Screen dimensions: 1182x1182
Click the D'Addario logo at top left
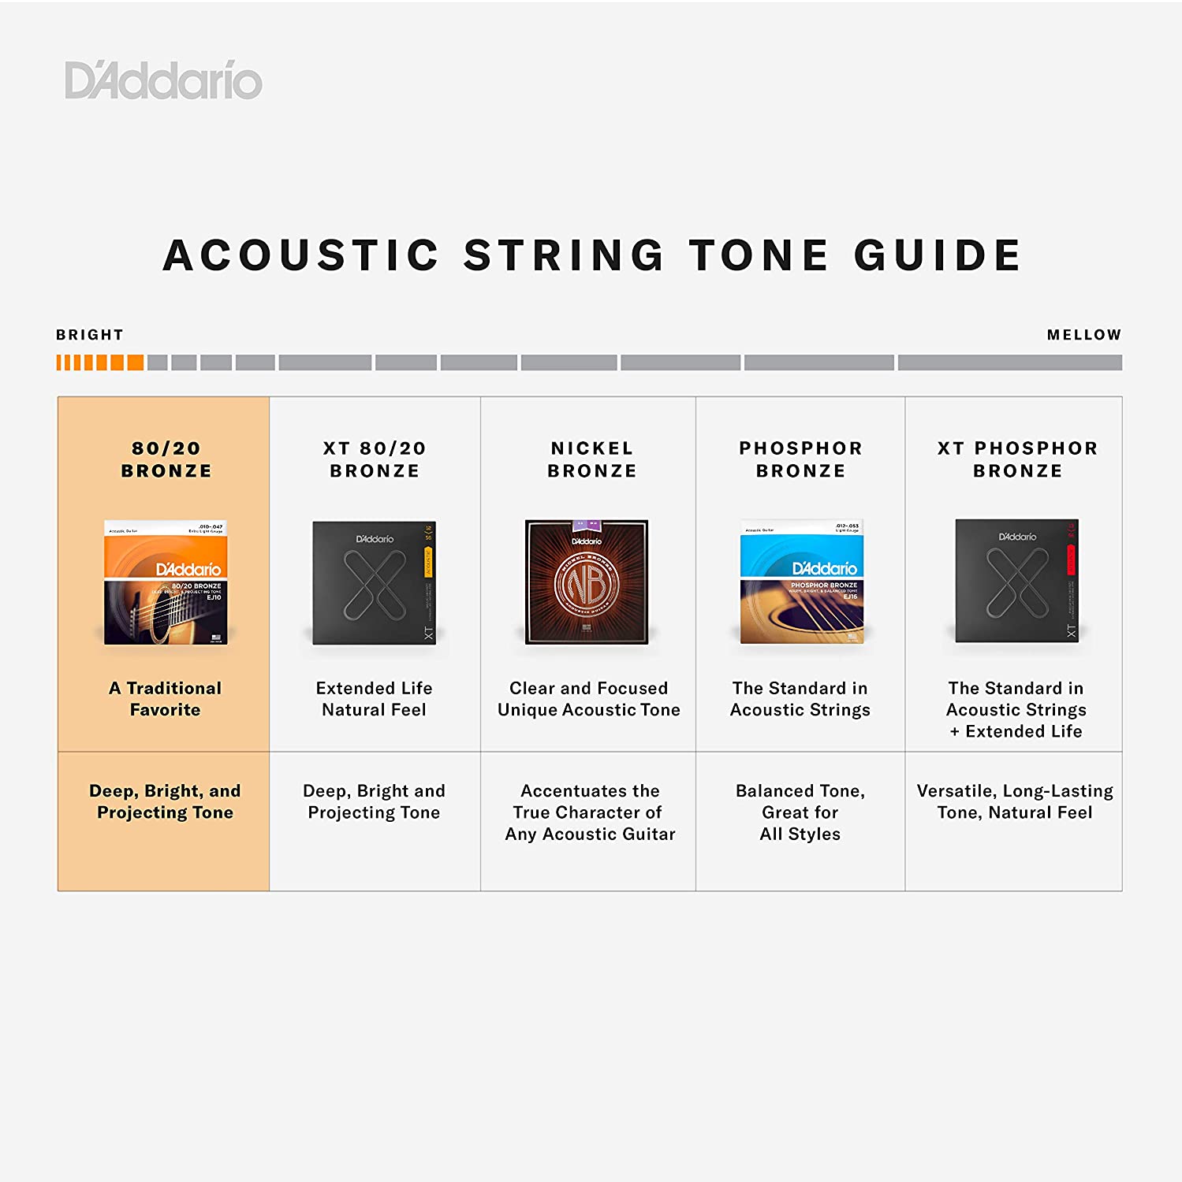point(163,80)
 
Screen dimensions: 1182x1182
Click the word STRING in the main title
point(564,255)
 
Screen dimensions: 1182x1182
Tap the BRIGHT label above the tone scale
point(90,335)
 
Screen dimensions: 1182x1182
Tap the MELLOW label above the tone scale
point(1083,335)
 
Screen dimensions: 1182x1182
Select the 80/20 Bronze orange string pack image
point(166,582)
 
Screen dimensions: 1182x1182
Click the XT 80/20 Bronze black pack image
point(374,582)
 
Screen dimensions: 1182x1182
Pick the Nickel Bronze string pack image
point(587,582)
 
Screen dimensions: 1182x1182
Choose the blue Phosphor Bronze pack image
point(801,582)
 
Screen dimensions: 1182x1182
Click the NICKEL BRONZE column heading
point(592,459)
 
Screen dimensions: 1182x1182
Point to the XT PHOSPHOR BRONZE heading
point(1017,459)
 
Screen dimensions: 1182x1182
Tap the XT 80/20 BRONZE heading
point(375,459)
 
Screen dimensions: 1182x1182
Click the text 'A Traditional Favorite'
point(166,699)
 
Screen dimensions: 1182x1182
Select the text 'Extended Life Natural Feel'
point(374,699)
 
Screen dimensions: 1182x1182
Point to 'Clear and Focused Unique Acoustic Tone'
point(588,699)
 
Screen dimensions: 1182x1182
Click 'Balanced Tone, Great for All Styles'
point(800,812)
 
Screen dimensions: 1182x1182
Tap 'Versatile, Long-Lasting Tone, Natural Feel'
point(1015,801)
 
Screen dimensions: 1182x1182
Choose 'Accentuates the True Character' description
point(590,812)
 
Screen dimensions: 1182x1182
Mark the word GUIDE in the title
point(938,255)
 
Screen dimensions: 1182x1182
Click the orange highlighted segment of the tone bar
point(100,362)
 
